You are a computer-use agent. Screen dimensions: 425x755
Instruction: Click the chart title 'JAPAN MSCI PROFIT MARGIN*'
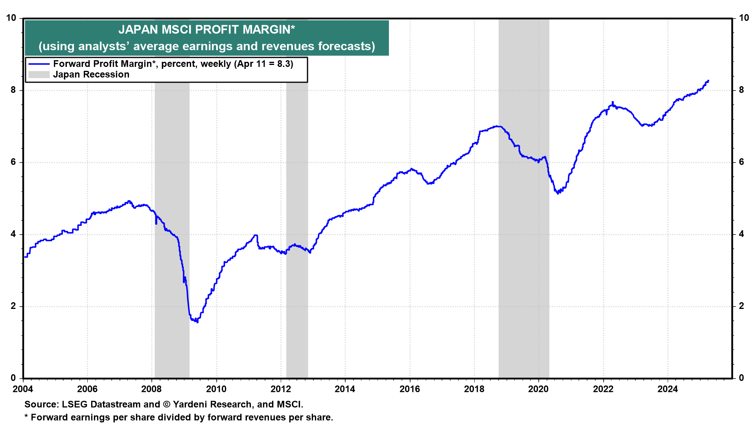coord(206,30)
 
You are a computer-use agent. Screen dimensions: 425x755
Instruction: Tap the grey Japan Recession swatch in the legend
coord(39,75)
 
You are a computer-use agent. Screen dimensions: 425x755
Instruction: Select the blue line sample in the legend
coord(39,64)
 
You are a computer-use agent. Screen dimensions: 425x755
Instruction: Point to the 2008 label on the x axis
coord(151,389)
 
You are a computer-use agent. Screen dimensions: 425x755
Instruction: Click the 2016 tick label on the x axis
coord(410,389)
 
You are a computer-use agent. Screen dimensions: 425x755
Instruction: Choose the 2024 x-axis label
coord(668,389)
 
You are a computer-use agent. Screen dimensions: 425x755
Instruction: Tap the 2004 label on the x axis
coord(23,389)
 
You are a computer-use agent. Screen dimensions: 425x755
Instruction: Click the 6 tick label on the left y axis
coord(13,162)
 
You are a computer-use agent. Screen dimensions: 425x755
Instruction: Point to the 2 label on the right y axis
coord(742,306)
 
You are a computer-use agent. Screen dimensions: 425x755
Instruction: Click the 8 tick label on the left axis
coord(13,90)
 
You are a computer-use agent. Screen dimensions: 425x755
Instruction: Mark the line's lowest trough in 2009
coord(197,322)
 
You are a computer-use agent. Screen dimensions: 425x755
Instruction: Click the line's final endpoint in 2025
coord(708,81)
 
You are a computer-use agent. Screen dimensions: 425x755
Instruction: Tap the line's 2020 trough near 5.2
coord(558,193)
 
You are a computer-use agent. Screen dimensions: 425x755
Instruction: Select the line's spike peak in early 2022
coord(613,102)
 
